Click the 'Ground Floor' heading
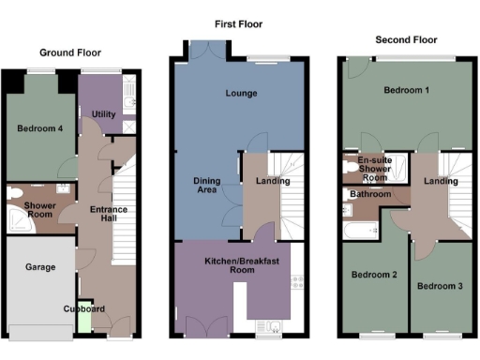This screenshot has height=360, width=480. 70,53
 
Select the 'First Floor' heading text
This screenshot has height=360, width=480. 237,25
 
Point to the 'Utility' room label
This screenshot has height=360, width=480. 103,113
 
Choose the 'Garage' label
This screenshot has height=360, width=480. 40,267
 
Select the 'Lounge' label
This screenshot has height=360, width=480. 240,94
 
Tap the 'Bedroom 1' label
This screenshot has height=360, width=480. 407,90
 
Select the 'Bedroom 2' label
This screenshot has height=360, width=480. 372,275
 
